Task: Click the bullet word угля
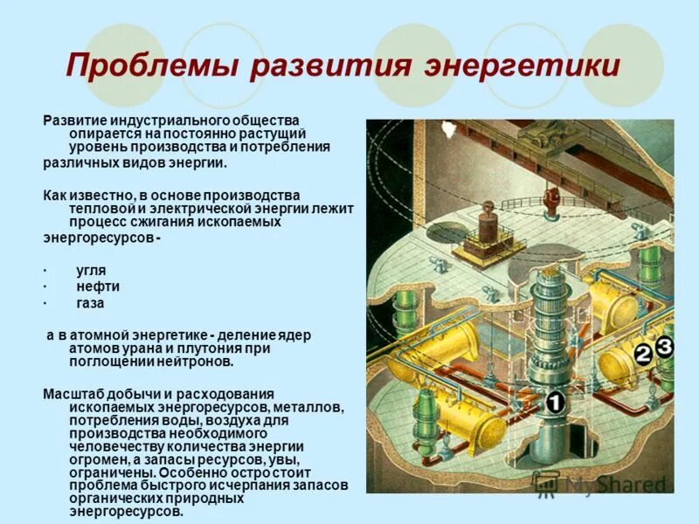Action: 91,270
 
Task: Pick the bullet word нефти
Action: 98,286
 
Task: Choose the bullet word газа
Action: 91,303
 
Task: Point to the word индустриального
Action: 159,120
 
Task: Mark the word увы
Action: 283,458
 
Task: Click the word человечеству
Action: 109,445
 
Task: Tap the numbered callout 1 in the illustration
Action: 557,403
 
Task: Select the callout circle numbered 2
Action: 643,355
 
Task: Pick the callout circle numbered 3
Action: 665,346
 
